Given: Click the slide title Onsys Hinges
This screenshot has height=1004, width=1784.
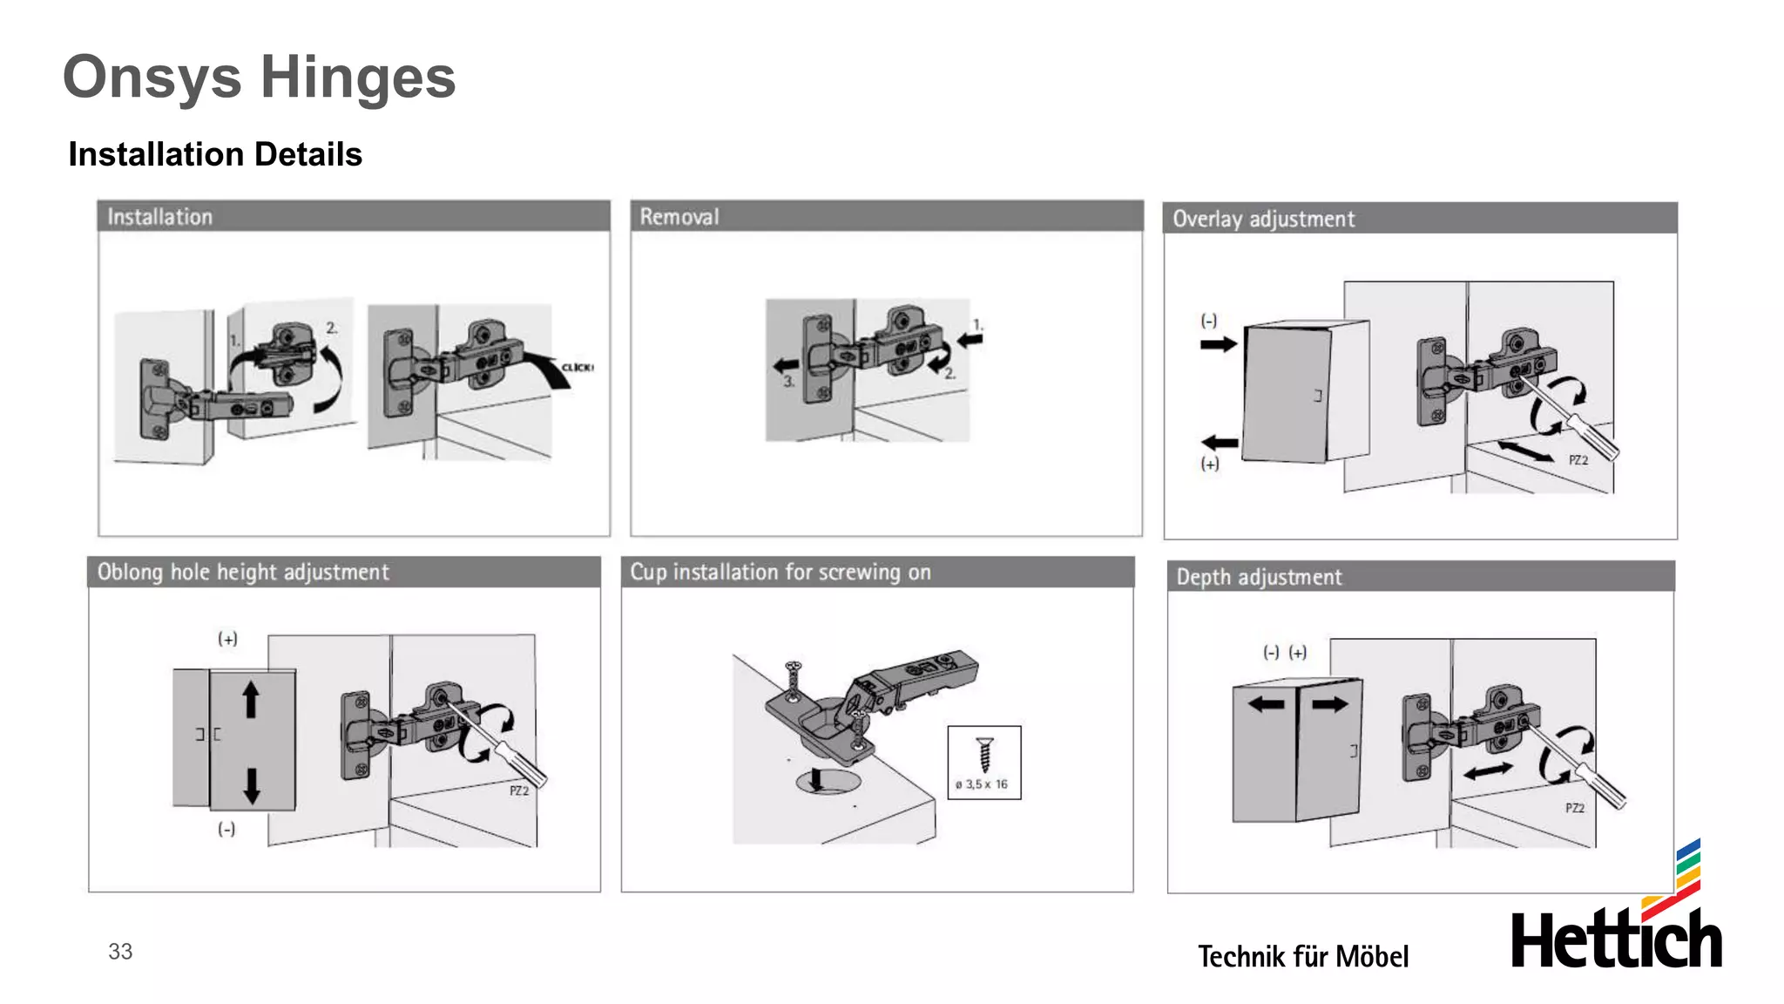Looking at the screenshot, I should (x=259, y=78).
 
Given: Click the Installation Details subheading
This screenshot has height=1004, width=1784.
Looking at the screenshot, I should (x=215, y=154).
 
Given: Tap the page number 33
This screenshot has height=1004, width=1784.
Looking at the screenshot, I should (x=120, y=951).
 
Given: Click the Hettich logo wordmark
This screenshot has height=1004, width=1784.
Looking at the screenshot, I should (x=1616, y=940).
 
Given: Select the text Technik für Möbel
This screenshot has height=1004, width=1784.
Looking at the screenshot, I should (x=1302, y=956).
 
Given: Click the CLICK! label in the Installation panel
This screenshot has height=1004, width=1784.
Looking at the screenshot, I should (x=578, y=367).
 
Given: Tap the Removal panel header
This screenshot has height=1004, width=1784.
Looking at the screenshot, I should (x=679, y=216).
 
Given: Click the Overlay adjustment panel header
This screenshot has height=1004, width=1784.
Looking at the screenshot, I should (x=1263, y=219).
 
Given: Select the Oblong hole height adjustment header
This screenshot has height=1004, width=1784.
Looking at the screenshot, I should (x=243, y=572).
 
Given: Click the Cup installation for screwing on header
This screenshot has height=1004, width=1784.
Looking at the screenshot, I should (x=780, y=572).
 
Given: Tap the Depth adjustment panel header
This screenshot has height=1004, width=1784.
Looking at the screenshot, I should (x=1259, y=577).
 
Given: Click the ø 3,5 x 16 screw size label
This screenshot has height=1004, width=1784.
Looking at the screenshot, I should (x=982, y=784).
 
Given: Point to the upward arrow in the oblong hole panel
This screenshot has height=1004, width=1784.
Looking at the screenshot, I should (x=251, y=699).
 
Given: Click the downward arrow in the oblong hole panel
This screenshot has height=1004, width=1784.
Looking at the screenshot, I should (x=251, y=784).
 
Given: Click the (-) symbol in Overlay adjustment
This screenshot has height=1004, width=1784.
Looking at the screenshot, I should (x=1209, y=321).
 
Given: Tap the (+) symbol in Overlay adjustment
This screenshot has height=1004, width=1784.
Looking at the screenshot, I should (x=1210, y=464).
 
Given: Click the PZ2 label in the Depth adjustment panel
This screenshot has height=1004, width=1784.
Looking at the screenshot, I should (x=1574, y=808).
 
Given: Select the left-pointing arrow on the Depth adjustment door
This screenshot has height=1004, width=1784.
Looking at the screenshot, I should (x=1266, y=704).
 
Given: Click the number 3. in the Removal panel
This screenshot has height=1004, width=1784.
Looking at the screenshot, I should (x=788, y=382).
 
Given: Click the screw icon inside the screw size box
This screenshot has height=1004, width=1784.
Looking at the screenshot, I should (x=984, y=754).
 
